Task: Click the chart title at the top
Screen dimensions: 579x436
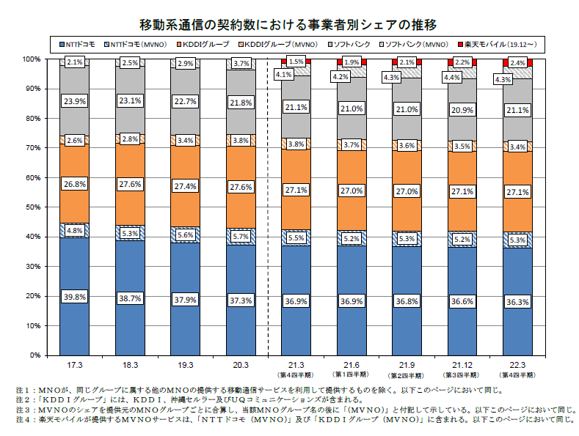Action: (x=288, y=25)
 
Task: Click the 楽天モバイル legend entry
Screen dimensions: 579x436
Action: (x=497, y=44)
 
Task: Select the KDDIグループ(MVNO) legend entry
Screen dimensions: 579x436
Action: (x=277, y=44)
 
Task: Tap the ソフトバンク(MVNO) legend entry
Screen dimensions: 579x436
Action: (x=414, y=44)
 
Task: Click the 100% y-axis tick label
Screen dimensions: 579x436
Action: (x=32, y=59)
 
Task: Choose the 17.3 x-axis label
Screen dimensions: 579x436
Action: (x=75, y=365)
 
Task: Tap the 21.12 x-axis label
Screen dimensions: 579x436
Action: (x=462, y=365)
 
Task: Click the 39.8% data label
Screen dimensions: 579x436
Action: (x=75, y=297)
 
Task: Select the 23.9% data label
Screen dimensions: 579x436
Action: (x=75, y=101)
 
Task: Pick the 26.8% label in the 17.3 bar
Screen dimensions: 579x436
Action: (x=75, y=184)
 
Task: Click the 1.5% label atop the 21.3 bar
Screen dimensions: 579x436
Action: (x=296, y=62)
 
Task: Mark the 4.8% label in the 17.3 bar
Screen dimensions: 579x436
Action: (x=75, y=231)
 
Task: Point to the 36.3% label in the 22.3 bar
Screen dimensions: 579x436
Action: (x=517, y=302)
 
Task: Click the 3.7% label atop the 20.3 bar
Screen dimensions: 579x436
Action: (x=241, y=64)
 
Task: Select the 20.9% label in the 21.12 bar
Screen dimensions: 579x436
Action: (x=462, y=110)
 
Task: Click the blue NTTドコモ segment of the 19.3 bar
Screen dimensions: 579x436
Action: (x=186, y=325)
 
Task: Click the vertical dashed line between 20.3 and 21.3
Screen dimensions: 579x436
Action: (x=268, y=207)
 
